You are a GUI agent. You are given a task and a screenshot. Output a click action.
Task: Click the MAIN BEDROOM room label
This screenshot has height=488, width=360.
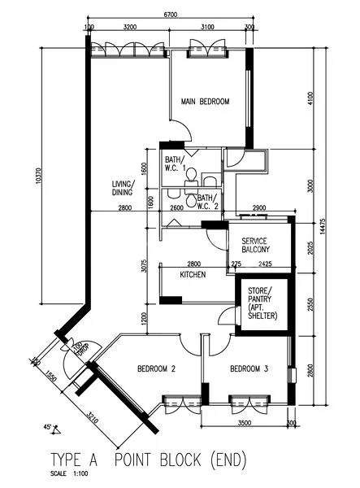coord(205,102)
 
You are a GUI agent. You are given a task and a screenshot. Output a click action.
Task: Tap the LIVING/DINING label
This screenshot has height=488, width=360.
coord(124,189)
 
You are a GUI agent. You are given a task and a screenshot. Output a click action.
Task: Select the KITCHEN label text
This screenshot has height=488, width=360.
coord(193,276)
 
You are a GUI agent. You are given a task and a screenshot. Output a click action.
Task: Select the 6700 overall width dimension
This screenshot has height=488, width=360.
coord(171,15)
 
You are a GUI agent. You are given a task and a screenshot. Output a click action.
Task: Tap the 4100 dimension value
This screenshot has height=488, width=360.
coord(310,98)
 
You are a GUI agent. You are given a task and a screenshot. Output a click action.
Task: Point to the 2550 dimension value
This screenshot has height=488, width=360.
coord(310,304)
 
